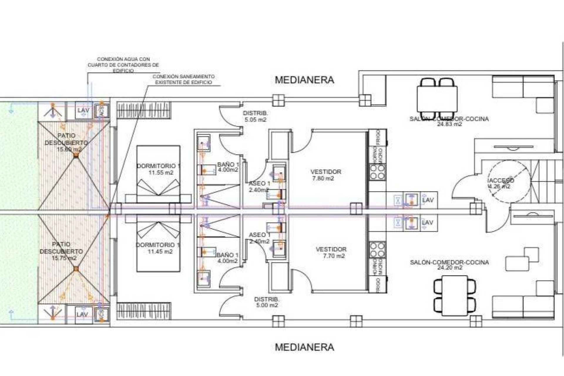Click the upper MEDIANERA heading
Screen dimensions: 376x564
pyautogui.click(x=304, y=80)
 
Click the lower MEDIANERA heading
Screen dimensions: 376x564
pyautogui.click(x=304, y=347)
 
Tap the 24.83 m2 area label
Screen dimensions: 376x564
pyautogui.click(x=449, y=124)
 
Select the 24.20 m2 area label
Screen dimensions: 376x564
pyautogui.click(x=449, y=268)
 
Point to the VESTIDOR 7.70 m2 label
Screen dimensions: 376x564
pyautogui.click(x=331, y=253)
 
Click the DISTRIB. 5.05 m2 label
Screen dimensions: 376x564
pyautogui.click(x=255, y=116)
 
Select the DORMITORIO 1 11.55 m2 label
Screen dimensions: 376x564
pyautogui.click(x=159, y=169)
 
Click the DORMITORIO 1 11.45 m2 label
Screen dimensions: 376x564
pyautogui.click(x=159, y=248)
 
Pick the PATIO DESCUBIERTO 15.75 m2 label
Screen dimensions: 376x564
pyautogui.click(x=61, y=251)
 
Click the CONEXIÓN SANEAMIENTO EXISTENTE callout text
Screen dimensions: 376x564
pyautogui.click(x=184, y=79)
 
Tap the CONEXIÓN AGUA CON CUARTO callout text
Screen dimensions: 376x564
pyautogui.click(x=123, y=65)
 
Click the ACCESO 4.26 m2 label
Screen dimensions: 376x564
pyautogui.click(x=501, y=183)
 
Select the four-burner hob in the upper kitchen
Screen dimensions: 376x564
pyautogui.click(x=377, y=172)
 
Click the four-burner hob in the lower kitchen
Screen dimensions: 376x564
pyautogui.click(x=377, y=250)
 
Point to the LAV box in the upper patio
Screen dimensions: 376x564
pyautogui.click(x=83, y=110)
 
